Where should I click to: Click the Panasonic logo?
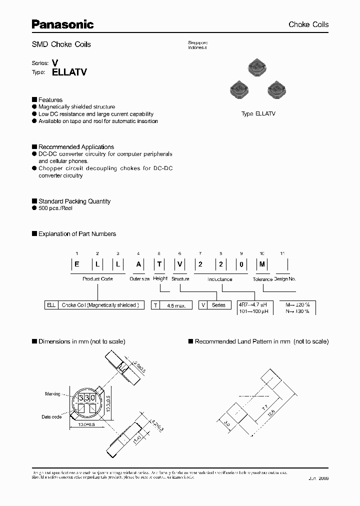[63, 23]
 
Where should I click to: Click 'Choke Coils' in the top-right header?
[308, 24]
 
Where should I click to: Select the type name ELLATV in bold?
[69, 72]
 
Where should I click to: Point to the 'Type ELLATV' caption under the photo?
[258, 114]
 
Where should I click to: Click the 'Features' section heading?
[50, 100]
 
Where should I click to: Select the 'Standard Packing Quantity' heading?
[74, 201]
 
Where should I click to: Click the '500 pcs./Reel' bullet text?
[55, 208]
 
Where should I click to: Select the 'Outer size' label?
[139, 279]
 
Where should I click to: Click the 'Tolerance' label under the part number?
[262, 279]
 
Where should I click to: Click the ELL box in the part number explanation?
[50, 304]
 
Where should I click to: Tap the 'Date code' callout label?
[51, 416]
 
